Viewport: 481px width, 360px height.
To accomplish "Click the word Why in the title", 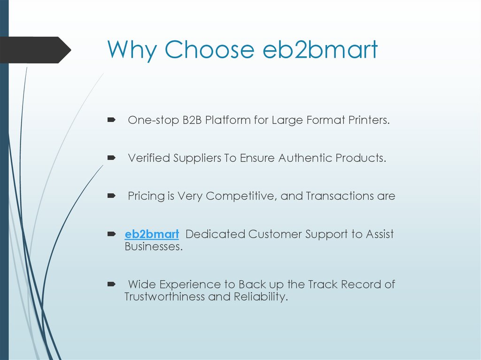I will (x=132, y=50).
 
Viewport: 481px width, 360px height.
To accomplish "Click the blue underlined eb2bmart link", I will (x=152, y=234).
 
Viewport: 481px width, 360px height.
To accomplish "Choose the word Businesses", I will (x=153, y=246).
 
